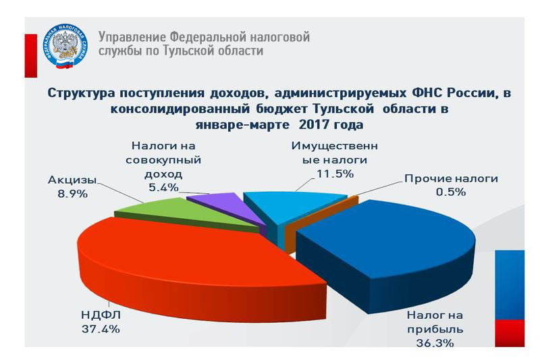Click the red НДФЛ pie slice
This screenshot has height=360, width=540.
[193, 262]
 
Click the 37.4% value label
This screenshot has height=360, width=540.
[101, 329]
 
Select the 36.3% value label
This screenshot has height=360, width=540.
[435, 343]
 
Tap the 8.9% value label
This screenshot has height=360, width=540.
[72, 194]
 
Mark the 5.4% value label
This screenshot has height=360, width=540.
[163, 188]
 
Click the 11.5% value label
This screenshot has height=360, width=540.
[335, 174]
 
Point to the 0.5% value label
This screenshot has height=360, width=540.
[451, 192]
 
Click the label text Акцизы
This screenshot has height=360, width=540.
[72, 180]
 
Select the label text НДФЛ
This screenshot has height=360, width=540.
[101, 315]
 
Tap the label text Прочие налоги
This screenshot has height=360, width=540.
[451, 178]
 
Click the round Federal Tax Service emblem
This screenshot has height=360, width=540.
[65, 46]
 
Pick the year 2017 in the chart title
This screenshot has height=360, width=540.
[313, 124]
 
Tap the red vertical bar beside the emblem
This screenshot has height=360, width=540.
[30, 56]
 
